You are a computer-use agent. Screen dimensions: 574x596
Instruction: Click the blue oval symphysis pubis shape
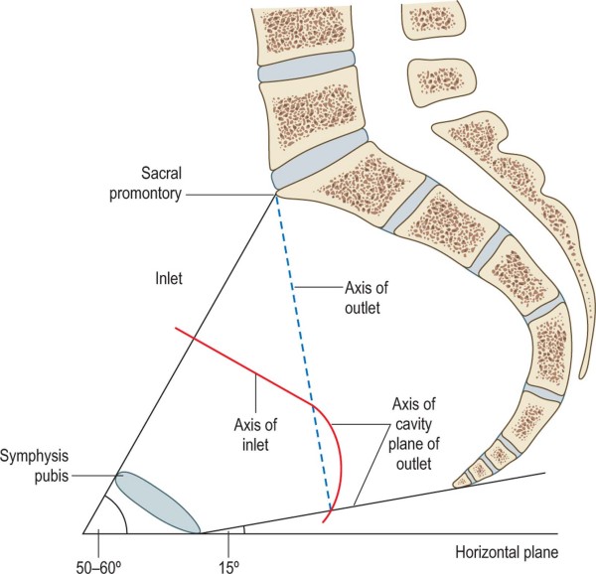coord(159,503)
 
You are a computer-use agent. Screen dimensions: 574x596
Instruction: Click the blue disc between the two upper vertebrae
coord(307,72)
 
